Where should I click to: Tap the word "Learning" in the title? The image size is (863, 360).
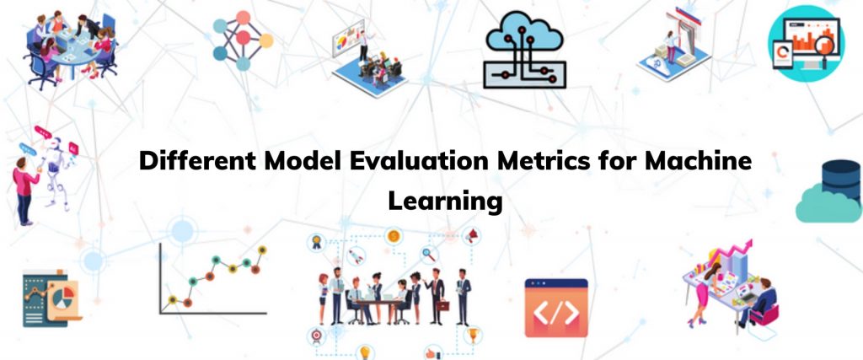click(445, 201)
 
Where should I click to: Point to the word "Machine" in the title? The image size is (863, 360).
click(698, 161)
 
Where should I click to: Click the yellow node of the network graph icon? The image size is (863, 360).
click(265, 40)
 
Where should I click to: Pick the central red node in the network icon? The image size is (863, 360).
click(243, 38)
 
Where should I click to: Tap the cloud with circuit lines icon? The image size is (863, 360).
click(524, 50)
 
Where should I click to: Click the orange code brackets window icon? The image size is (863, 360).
click(556, 308)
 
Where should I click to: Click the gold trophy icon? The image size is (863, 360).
click(472, 334)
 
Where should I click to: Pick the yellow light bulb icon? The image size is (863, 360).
click(364, 352)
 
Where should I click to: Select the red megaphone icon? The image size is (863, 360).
click(472, 236)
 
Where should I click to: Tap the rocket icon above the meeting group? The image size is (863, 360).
click(356, 255)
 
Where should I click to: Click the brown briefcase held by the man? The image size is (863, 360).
click(442, 305)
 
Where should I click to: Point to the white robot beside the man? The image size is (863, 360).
click(56, 172)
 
